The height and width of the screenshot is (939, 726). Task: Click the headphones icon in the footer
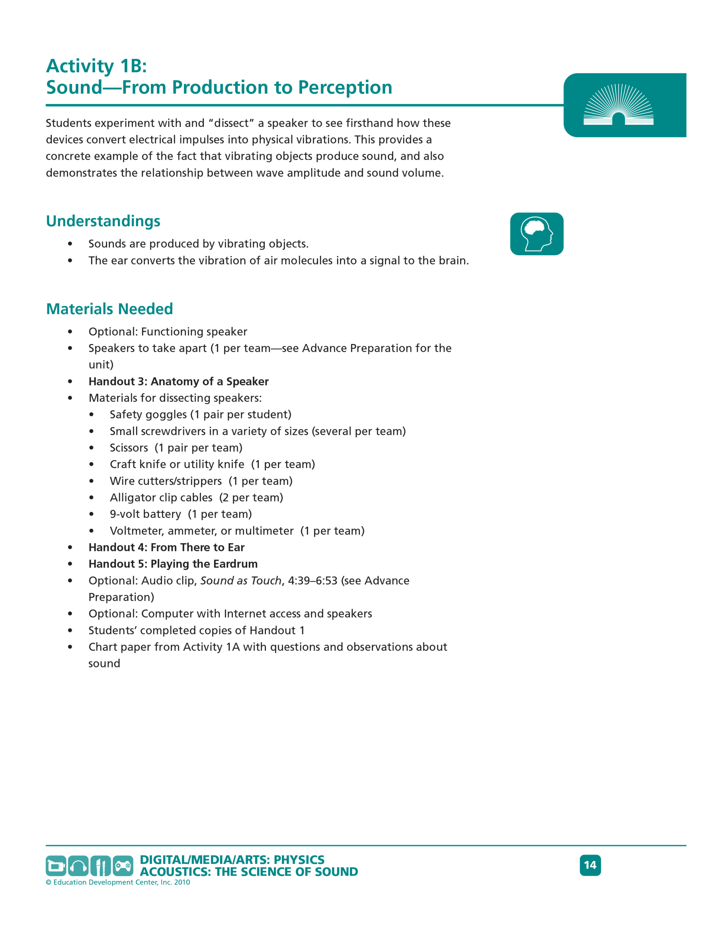78,866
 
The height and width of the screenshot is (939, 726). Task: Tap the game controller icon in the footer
123,866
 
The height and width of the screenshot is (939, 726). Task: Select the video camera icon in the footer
56,866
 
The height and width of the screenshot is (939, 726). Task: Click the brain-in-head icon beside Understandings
536,234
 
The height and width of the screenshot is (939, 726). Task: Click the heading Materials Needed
109,309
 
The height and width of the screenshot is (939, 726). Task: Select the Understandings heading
103,221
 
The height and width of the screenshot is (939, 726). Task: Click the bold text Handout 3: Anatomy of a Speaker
179,381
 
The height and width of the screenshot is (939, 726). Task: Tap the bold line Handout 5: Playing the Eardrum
173,564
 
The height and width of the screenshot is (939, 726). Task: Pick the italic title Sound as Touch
241,580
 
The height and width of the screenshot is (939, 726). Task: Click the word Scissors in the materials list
129,448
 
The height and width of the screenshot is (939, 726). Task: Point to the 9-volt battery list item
181,514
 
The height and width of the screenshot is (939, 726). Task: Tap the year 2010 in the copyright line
182,882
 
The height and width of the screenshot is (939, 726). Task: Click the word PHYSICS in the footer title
299,860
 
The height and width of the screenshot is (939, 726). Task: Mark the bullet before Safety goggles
91,415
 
